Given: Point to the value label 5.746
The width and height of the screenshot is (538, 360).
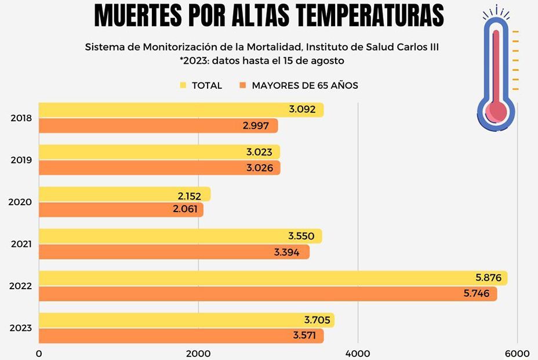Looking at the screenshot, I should tap(477, 294).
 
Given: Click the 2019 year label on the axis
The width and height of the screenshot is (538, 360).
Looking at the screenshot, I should tap(21, 160).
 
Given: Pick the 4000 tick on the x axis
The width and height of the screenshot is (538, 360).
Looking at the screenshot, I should tap(358, 354).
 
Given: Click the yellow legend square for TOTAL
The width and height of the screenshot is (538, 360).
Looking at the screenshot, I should tap(183, 85).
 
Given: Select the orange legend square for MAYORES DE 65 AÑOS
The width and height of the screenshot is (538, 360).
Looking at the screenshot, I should tap(243, 85).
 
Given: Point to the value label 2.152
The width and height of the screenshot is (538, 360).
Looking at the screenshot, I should tap(190, 196).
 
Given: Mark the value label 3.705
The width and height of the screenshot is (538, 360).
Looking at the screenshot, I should tap(317, 321).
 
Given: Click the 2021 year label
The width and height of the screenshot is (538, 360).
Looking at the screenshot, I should tap(21, 244).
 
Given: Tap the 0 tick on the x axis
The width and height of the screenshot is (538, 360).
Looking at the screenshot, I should tap(39, 354).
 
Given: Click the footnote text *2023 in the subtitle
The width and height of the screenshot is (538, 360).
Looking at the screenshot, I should tap(194, 60).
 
